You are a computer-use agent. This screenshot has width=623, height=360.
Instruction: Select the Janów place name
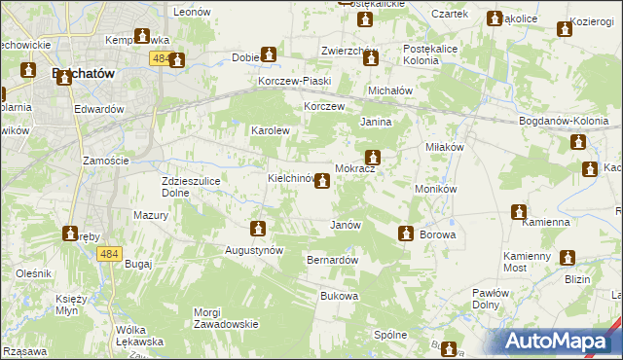[x=346, y=225]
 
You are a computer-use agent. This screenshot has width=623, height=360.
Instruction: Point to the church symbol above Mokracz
[x=372, y=157]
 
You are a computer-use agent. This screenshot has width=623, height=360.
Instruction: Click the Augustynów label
[x=256, y=250]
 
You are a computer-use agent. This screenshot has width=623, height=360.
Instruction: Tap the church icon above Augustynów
[x=258, y=230]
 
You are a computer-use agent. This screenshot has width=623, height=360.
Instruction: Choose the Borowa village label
[x=437, y=235]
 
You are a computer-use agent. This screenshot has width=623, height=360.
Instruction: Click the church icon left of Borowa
[x=405, y=234]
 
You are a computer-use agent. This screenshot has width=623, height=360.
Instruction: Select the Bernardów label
[x=333, y=261]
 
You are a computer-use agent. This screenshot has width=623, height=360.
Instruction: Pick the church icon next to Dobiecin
[x=269, y=56]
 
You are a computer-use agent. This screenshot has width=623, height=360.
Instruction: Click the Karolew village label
[x=271, y=130]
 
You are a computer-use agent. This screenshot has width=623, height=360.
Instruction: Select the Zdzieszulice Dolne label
[x=195, y=187]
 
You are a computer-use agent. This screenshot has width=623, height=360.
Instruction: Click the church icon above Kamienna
[x=519, y=211]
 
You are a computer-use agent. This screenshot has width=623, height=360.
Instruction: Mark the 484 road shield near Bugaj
[x=109, y=254]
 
